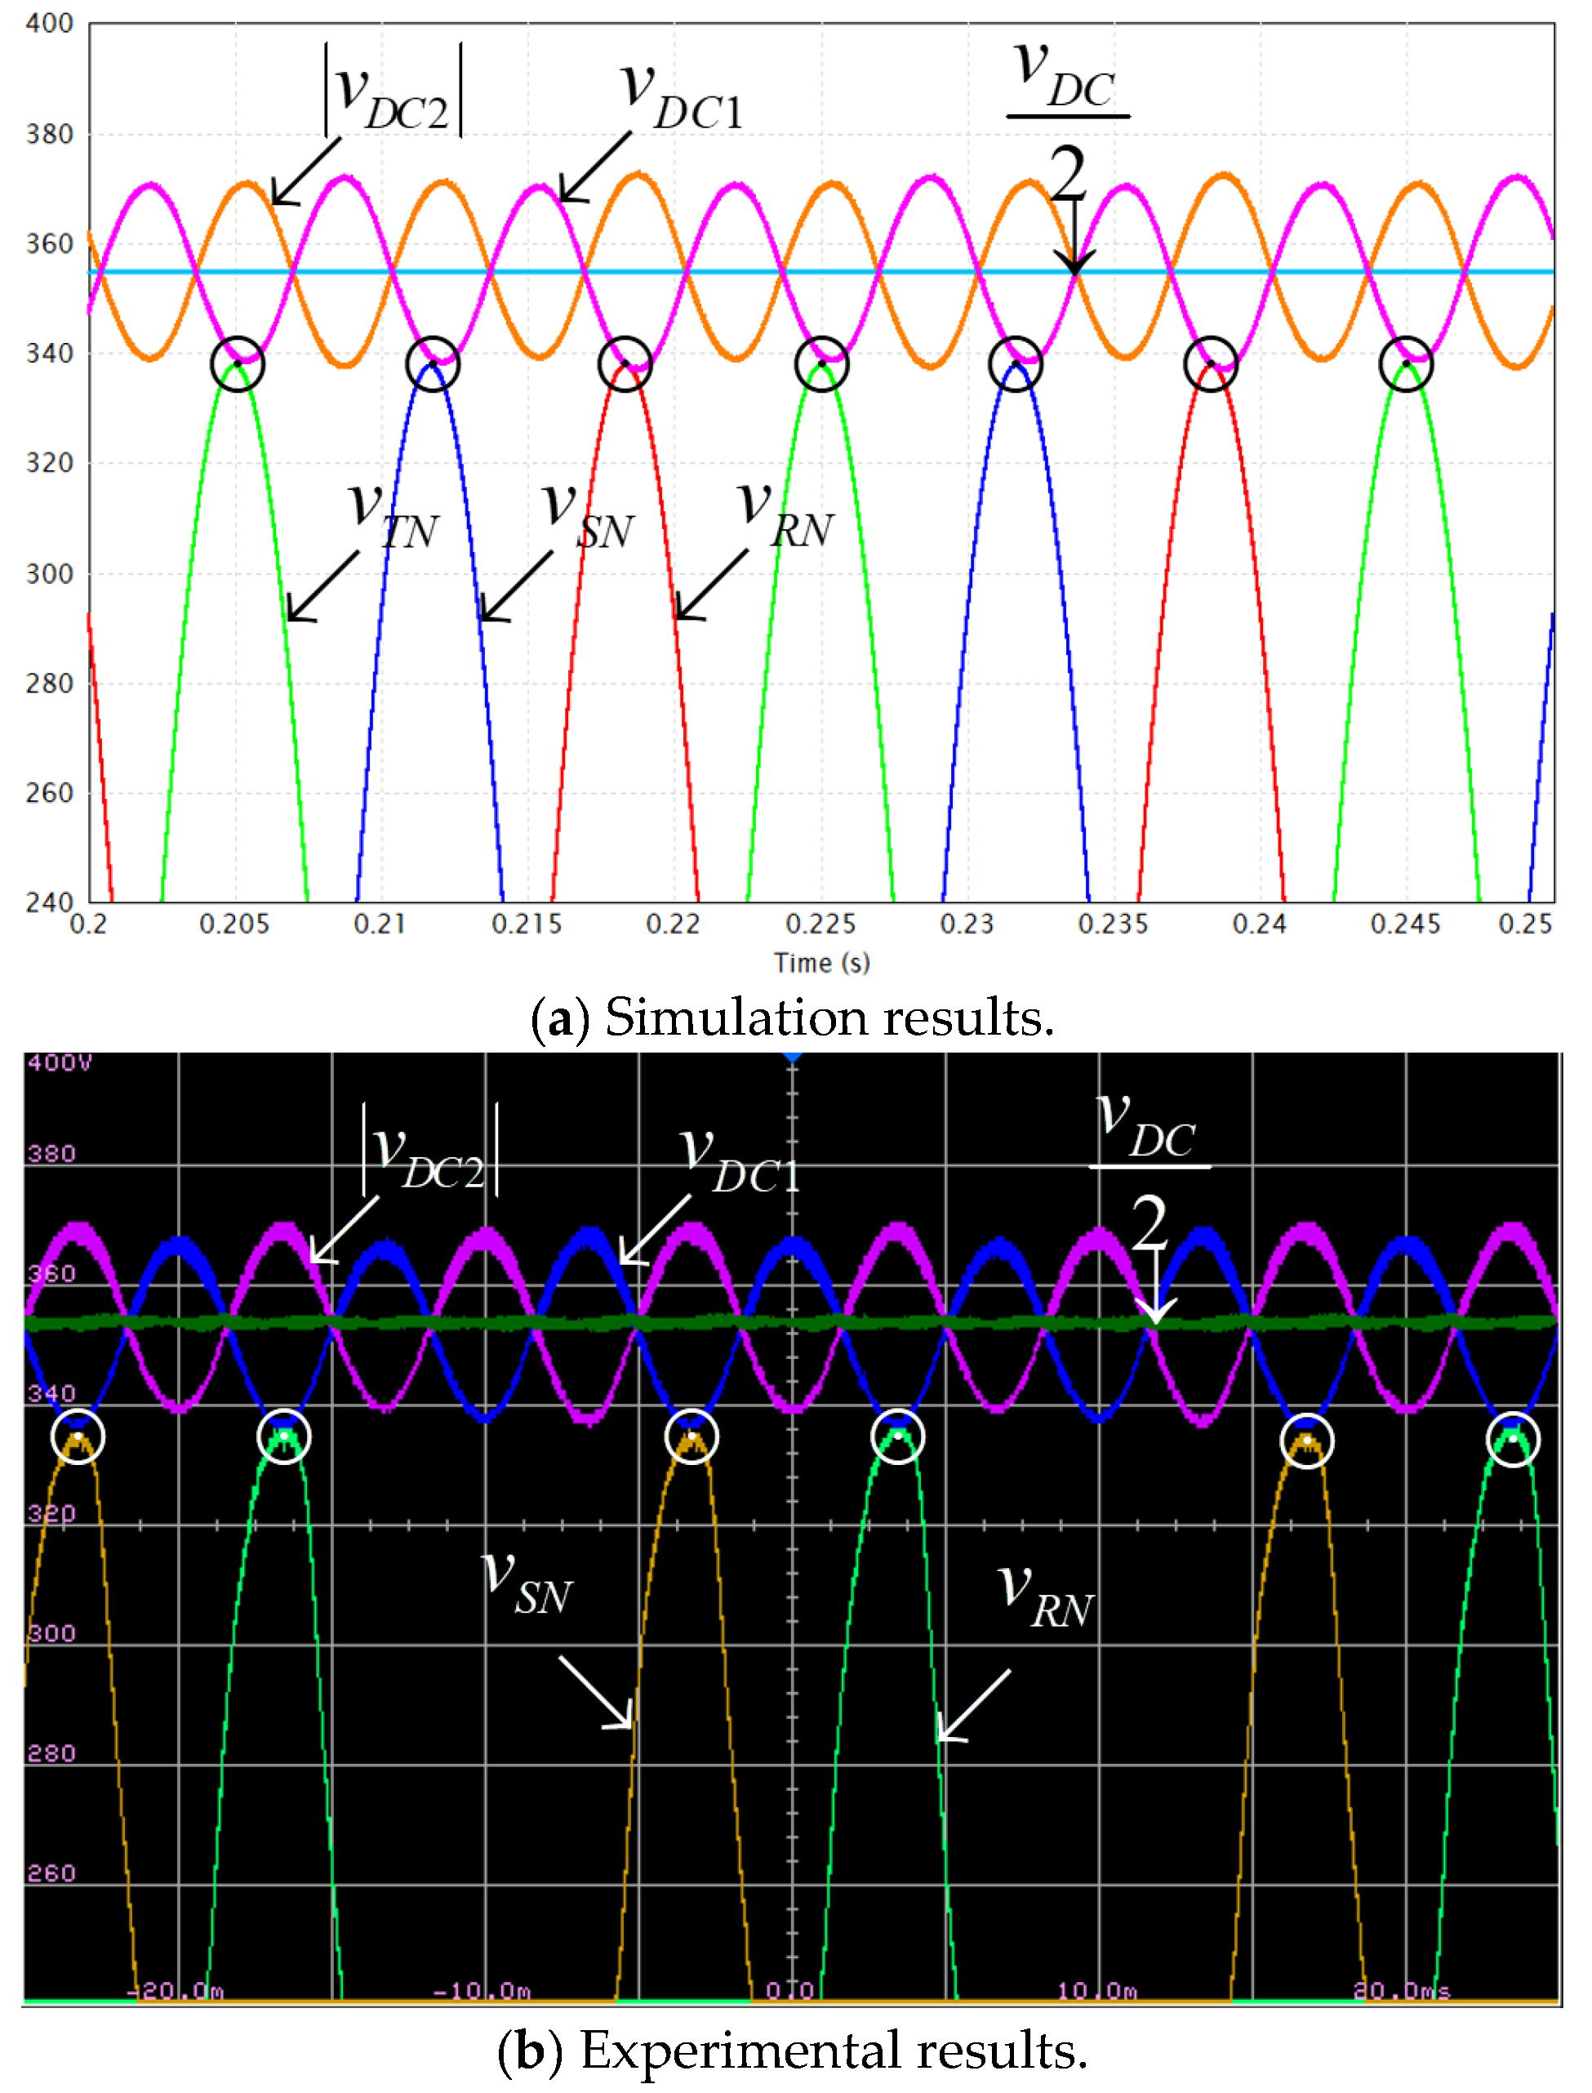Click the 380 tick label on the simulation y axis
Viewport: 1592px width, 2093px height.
[x=49, y=135]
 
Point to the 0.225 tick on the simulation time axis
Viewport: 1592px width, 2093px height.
[x=820, y=924]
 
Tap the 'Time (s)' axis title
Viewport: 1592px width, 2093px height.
[x=821, y=963]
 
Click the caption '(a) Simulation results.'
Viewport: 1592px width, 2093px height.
[x=792, y=1018]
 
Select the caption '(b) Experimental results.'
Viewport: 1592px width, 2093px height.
[x=792, y=2051]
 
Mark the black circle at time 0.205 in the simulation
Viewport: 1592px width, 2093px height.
[x=237, y=364]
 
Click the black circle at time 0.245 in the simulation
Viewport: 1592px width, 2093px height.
[x=1405, y=364]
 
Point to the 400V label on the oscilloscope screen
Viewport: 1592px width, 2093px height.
[x=59, y=1062]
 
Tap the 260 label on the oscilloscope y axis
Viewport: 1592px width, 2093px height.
[x=51, y=1874]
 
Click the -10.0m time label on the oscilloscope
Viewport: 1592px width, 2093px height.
[x=482, y=1991]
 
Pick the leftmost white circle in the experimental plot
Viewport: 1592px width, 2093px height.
[x=78, y=1437]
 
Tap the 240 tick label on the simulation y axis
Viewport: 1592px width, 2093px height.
[x=49, y=902]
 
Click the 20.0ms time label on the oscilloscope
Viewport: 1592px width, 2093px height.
[x=1401, y=1991]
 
